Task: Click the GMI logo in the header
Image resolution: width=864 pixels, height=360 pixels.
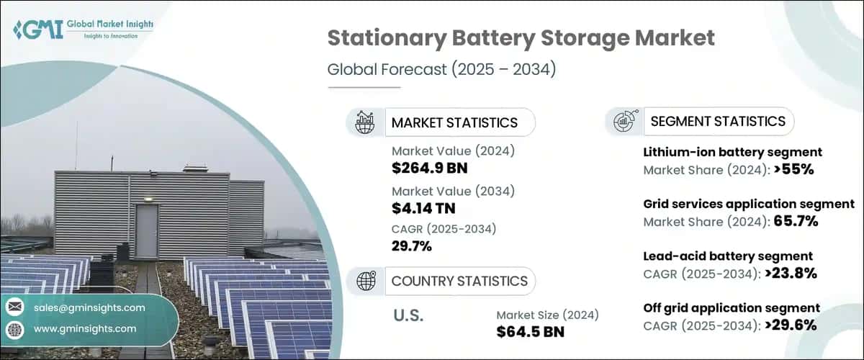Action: coord(83,29)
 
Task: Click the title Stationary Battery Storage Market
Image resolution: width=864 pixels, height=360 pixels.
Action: coord(521,39)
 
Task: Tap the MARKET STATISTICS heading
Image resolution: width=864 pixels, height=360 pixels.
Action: coord(454,122)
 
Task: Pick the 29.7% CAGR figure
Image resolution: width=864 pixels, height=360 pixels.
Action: coord(412,246)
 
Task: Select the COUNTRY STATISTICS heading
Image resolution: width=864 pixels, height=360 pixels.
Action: coord(459,281)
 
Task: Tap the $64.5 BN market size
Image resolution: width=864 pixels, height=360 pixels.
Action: coord(531,332)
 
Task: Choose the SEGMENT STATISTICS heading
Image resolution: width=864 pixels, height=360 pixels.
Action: coord(718,122)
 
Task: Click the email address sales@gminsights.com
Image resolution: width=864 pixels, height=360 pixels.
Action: coord(89,307)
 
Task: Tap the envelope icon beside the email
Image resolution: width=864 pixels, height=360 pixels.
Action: coord(14,307)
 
